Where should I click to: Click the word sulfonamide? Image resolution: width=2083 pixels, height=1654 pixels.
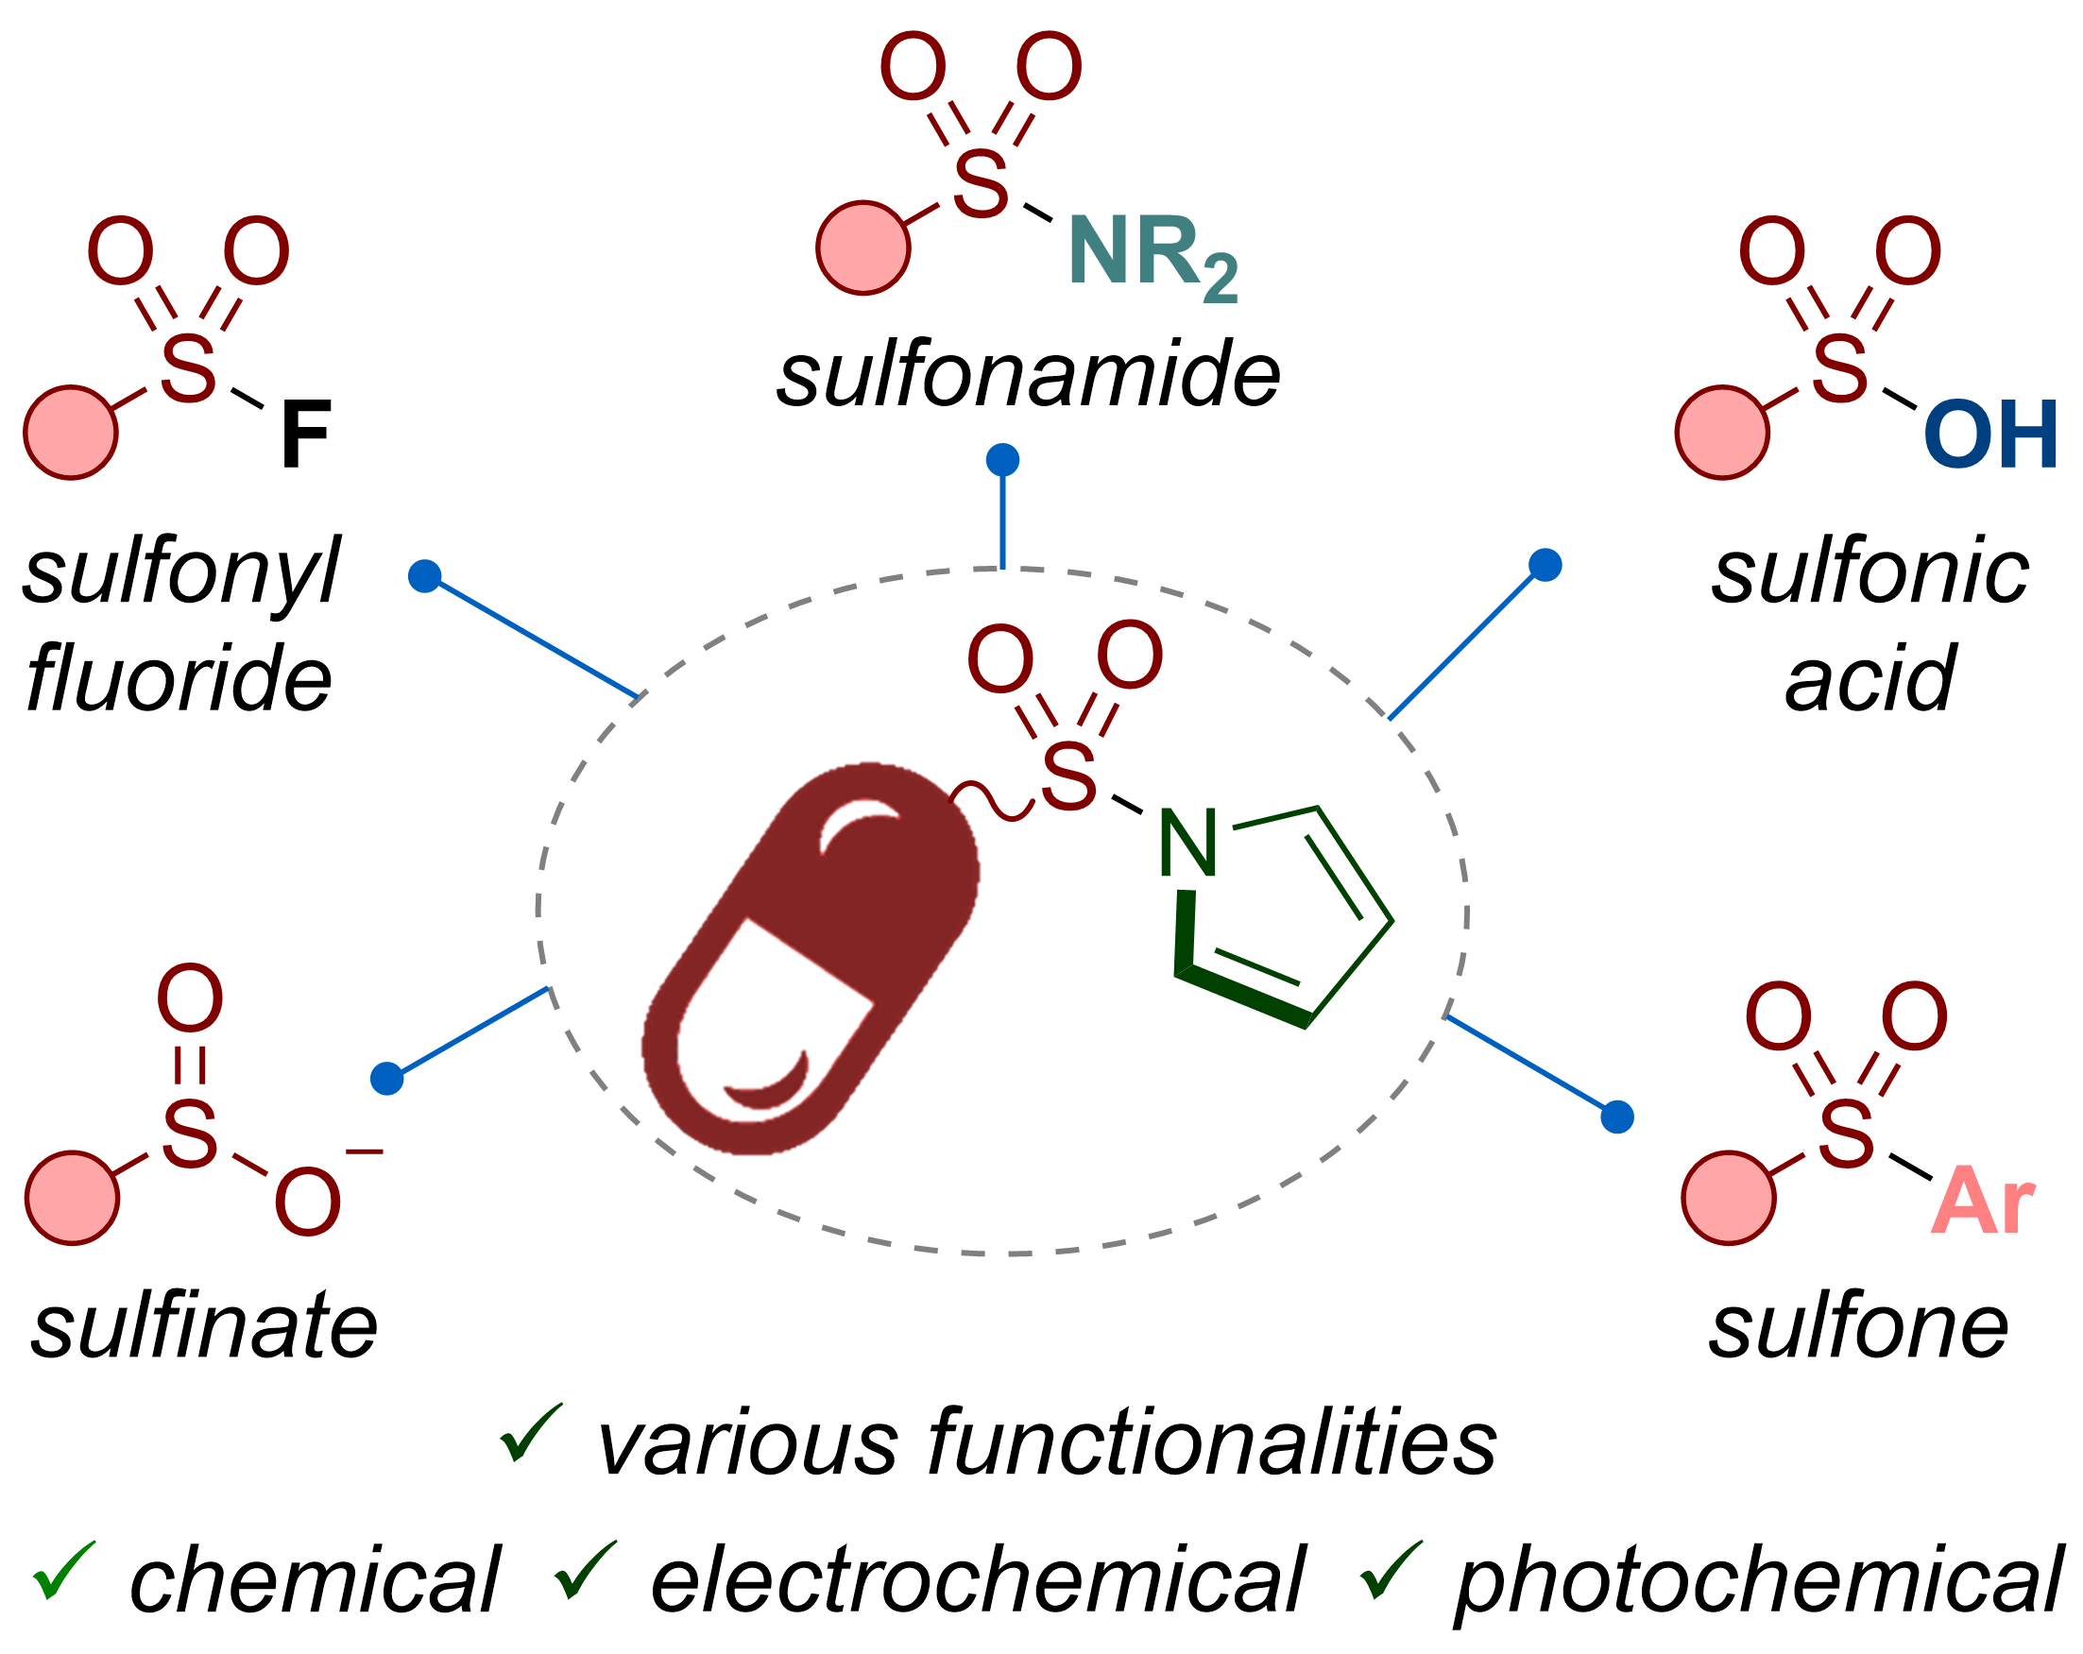[x=1028, y=375]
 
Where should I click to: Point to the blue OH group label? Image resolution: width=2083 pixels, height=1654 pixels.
[x=1990, y=435]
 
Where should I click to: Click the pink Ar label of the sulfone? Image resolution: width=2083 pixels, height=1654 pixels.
[x=1984, y=1201]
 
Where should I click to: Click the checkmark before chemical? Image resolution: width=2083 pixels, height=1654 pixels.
[x=64, y=1570]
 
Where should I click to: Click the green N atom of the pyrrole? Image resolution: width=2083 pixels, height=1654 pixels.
[x=1187, y=843]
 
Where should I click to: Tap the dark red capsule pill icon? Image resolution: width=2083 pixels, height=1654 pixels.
[x=811, y=959]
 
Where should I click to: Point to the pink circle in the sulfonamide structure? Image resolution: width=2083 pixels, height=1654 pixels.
[x=862, y=247]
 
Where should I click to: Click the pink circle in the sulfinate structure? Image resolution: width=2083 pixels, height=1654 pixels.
[x=73, y=1198]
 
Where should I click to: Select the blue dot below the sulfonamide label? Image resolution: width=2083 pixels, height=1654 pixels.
[x=1003, y=460]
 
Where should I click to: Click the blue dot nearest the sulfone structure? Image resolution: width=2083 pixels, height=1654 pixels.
[x=1617, y=1117]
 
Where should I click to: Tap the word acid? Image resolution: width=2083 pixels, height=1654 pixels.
[x=1870, y=678]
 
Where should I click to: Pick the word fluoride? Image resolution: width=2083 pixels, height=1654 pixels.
[x=179, y=678]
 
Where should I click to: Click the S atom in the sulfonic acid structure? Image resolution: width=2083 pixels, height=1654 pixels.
[x=1839, y=369]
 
